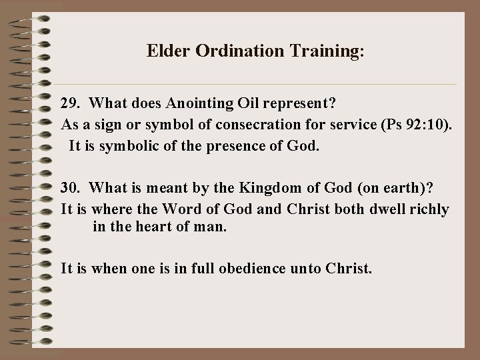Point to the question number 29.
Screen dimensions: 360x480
point(69,104)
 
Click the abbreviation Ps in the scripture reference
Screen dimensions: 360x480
point(385,125)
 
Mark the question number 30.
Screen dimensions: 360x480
point(69,189)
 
